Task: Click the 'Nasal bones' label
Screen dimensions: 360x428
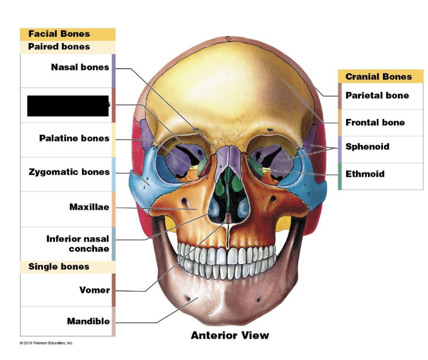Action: (80, 68)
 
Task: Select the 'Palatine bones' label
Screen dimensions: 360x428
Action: (74, 138)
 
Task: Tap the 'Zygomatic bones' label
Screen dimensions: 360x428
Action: (69, 172)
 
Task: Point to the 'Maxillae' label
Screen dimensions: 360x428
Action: (89, 207)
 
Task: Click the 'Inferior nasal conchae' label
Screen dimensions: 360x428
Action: (78, 243)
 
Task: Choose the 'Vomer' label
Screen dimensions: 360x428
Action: (95, 290)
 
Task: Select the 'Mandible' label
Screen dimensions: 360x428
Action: (89, 321)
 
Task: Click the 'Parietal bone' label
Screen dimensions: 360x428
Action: (377, 95)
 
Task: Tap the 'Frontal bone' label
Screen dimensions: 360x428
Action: (375, 122)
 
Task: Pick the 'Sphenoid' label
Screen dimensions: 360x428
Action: (367, 146)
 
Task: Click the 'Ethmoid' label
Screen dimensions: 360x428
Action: (365, 174)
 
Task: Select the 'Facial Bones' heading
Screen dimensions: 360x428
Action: (59, 34)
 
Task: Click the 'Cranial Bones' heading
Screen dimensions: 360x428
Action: (378, 77)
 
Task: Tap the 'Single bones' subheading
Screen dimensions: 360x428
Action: (59, 267)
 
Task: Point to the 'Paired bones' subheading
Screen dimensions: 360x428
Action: (59, 47)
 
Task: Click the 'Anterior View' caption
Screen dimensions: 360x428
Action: (230, 335)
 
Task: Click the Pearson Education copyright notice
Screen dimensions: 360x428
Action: (46, 343)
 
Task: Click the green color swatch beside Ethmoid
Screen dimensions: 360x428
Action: (340, 176)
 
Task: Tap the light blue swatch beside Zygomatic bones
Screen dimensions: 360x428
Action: (113, 174)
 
